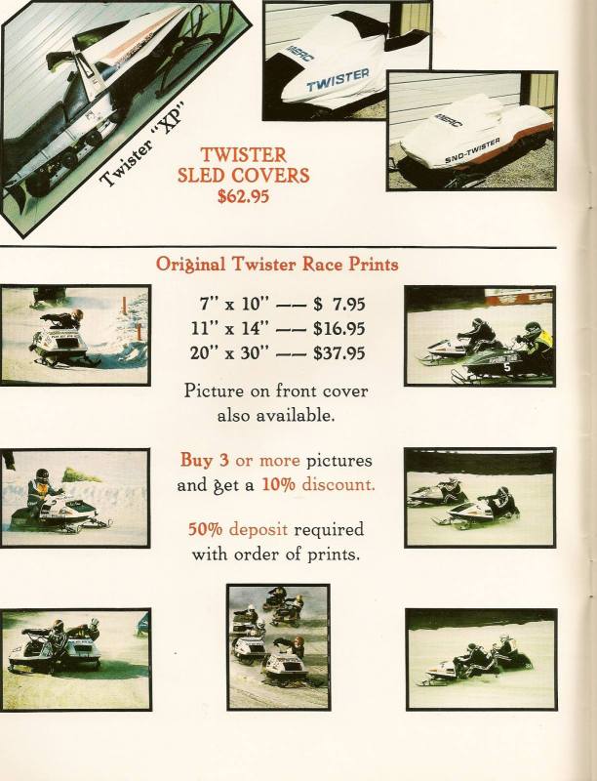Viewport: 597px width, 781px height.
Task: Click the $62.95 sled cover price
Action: pos(243,196)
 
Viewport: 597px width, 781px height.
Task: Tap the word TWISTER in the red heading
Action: pos(243,155)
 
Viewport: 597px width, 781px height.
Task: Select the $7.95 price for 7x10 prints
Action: pos(339,304)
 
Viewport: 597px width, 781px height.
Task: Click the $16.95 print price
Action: pos(339,329)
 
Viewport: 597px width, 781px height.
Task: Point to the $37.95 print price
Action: pos(339,353)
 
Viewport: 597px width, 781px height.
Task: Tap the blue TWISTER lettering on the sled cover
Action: pos(338,80)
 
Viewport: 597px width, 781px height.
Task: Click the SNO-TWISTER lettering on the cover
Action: pos(472,150)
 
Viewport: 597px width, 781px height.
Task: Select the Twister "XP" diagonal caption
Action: pos(142,144)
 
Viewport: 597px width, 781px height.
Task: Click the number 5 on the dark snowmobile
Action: pos(506,368)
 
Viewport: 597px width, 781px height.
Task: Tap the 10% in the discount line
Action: pos(278,484)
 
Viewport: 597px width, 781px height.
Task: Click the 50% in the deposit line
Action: pos(205,529)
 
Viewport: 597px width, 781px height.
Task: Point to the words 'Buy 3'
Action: pos(205,460)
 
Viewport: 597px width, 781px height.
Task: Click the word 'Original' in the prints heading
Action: pos(190,264)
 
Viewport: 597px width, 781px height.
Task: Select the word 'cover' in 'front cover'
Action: pos(345,391)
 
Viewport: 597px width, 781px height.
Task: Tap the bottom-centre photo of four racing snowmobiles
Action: pos(278,646)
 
